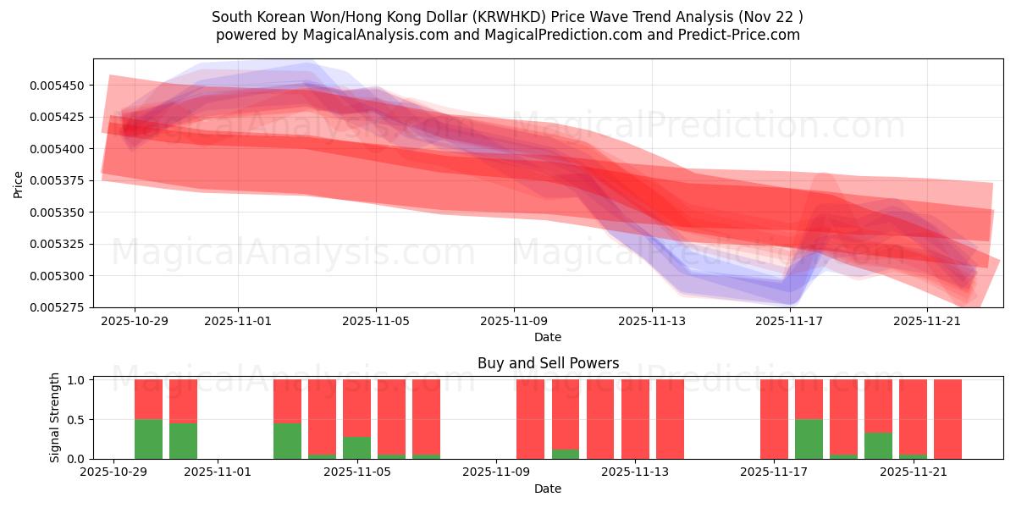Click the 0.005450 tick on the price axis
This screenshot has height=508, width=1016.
tap(62, 86)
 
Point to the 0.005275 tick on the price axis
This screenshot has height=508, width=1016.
tap(62, 307)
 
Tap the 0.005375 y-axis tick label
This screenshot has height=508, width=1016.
tap(62, 180)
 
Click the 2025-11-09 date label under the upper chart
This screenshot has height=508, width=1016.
tap(513, 322)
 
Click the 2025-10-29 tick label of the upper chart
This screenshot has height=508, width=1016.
tap(134, 322)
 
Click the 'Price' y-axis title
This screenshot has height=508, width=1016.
tap(19, 184)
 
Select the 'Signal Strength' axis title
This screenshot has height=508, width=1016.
tap(55, 417)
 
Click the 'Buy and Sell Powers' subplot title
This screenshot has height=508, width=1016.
tap(548, 363)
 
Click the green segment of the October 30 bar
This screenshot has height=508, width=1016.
tap(183, 441)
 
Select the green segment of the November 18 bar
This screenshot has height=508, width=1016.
tap(809, 439)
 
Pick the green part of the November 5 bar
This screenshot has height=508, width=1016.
tap(356, 448)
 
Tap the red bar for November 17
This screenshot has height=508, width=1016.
tap(774, 419)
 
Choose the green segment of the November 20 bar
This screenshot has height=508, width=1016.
tap(878, 445)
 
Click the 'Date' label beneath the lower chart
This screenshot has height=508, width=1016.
tap(548, 489)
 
